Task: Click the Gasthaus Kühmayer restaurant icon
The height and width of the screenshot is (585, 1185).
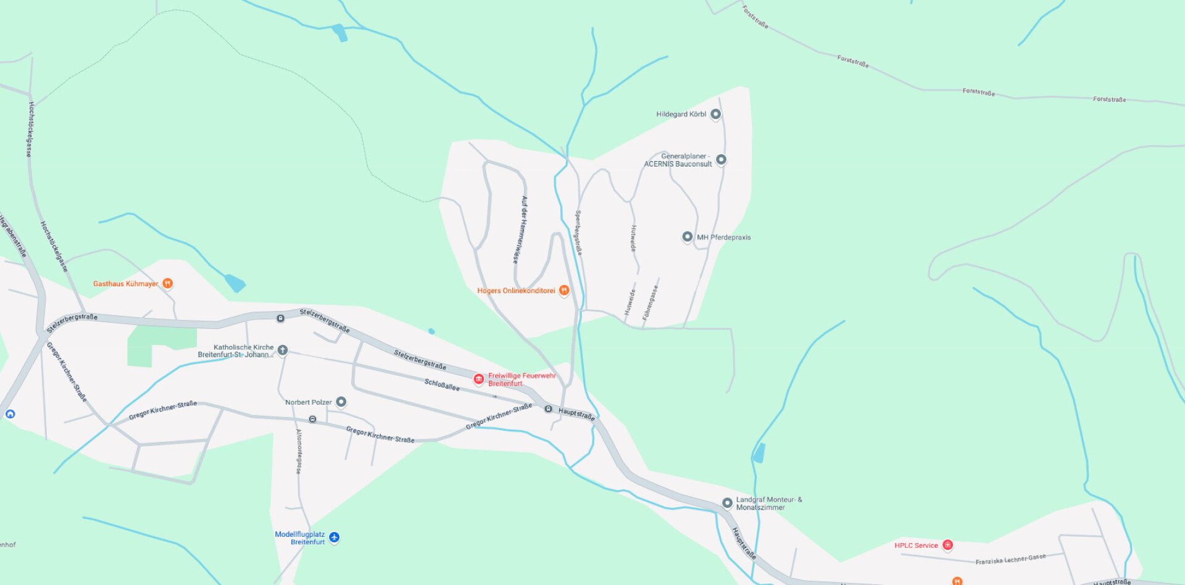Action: point(167,283)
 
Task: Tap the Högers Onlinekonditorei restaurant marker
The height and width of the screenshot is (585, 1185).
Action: point(563,290)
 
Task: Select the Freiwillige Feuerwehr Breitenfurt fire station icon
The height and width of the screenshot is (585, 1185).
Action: point(478,379)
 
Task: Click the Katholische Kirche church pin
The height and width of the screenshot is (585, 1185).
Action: point(283,350)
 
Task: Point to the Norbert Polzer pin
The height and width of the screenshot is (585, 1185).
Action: point(341,402)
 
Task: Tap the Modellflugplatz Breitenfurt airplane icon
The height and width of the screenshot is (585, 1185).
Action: point(334,537)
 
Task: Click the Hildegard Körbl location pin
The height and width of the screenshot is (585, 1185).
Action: point(715,114)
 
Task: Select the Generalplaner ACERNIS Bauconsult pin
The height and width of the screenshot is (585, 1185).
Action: point(721,160)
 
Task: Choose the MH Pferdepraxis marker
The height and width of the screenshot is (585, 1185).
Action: point(687,237)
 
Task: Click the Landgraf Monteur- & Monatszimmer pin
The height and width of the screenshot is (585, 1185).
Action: point(727,503)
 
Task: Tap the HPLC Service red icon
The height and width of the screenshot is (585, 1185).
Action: point(947,545)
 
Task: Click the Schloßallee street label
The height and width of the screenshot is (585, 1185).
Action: point(442,384)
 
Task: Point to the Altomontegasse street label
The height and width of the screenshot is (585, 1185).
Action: point(299,451)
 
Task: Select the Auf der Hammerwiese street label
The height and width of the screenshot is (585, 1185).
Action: point(520,230)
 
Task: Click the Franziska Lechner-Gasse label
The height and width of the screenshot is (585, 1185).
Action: point(1010,559)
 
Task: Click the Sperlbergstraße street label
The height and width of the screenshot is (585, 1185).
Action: point(578,232)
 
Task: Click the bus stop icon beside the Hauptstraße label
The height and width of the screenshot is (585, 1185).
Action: point(548,409)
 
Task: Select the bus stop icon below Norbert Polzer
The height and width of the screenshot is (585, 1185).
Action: point(313,420)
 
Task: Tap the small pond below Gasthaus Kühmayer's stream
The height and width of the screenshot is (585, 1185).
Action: point(235,283)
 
